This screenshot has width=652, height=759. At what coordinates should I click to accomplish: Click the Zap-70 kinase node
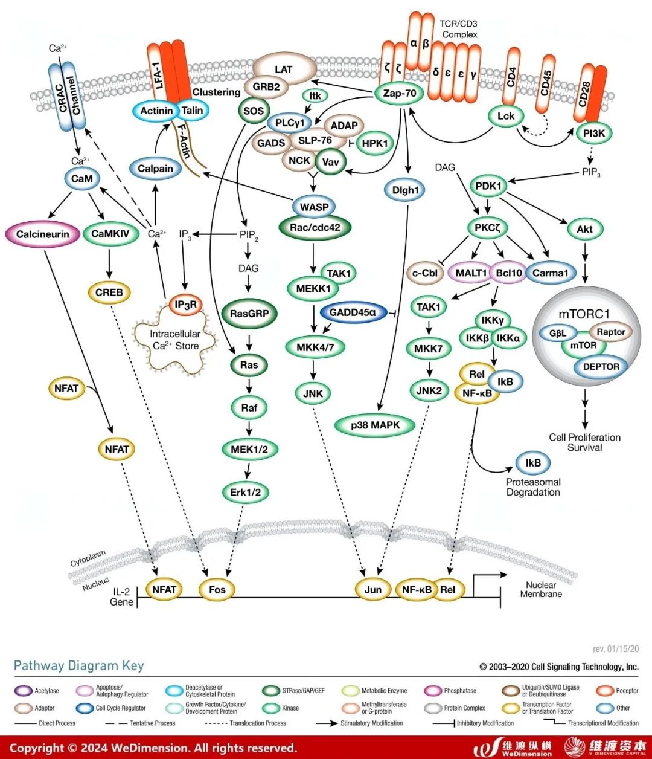point(400,94)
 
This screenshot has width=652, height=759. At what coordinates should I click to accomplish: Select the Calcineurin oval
point(43,234)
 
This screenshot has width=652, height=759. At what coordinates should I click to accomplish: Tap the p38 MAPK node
point(376,425)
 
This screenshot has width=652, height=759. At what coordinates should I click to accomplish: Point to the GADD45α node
point(353,312)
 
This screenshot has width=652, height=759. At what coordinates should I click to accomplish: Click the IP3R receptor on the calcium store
point(186,305)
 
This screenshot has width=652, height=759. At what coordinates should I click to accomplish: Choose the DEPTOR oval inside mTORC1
point(601,366)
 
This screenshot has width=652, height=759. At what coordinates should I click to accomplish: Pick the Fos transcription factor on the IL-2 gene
point(217,589)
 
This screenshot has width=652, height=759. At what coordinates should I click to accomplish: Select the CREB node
point(109,292)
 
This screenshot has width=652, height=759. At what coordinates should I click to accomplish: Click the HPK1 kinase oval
point(375,143)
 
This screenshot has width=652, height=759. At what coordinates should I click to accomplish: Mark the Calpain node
point(155,169)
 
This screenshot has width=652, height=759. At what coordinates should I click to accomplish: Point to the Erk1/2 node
point(246,492)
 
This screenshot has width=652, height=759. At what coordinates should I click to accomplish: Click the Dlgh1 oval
point(405,190)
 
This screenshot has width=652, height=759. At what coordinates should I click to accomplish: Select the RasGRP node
point(249,314)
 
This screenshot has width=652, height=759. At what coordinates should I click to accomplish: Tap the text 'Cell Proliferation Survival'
point(584,442)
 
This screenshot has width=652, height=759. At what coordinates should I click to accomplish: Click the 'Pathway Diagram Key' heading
point(79,665)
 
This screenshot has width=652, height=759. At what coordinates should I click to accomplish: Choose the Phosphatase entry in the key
point(453,691)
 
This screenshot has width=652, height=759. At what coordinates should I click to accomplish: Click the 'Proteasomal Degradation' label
point(533,487)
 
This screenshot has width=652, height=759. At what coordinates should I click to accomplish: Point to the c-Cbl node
point(424,273)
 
